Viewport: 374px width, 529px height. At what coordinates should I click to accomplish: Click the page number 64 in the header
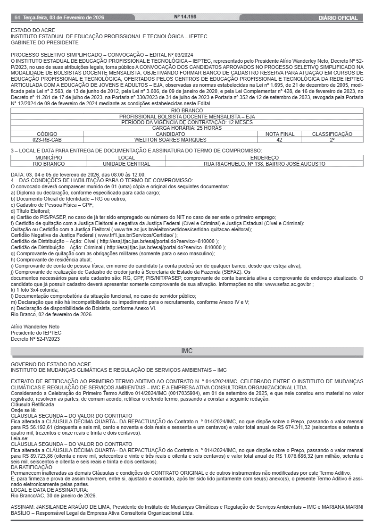click(17, 18)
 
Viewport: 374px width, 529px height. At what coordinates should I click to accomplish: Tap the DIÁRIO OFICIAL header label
click(338, 18)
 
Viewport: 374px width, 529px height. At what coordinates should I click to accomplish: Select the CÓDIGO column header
click(47, 134)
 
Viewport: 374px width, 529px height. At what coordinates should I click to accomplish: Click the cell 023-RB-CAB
click(47, 140)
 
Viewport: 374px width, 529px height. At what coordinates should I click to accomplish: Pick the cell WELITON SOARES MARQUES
click(170, 140)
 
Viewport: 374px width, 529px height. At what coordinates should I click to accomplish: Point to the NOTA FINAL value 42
click(279, 140)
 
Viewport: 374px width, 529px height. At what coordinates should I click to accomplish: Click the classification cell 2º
click(332, 140)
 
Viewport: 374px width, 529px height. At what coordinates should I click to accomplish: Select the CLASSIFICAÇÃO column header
click(332, 134)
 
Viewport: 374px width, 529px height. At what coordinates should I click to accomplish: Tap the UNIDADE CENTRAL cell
click(126, 164)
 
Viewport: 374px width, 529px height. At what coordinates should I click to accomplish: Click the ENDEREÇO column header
click(264, 158)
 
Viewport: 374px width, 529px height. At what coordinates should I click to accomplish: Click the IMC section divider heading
click(187, 351)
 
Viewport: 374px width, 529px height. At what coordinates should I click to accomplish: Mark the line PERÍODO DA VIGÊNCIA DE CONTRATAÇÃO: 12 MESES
click(187, 122)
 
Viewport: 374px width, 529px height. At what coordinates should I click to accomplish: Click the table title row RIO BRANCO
click(187, 110)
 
